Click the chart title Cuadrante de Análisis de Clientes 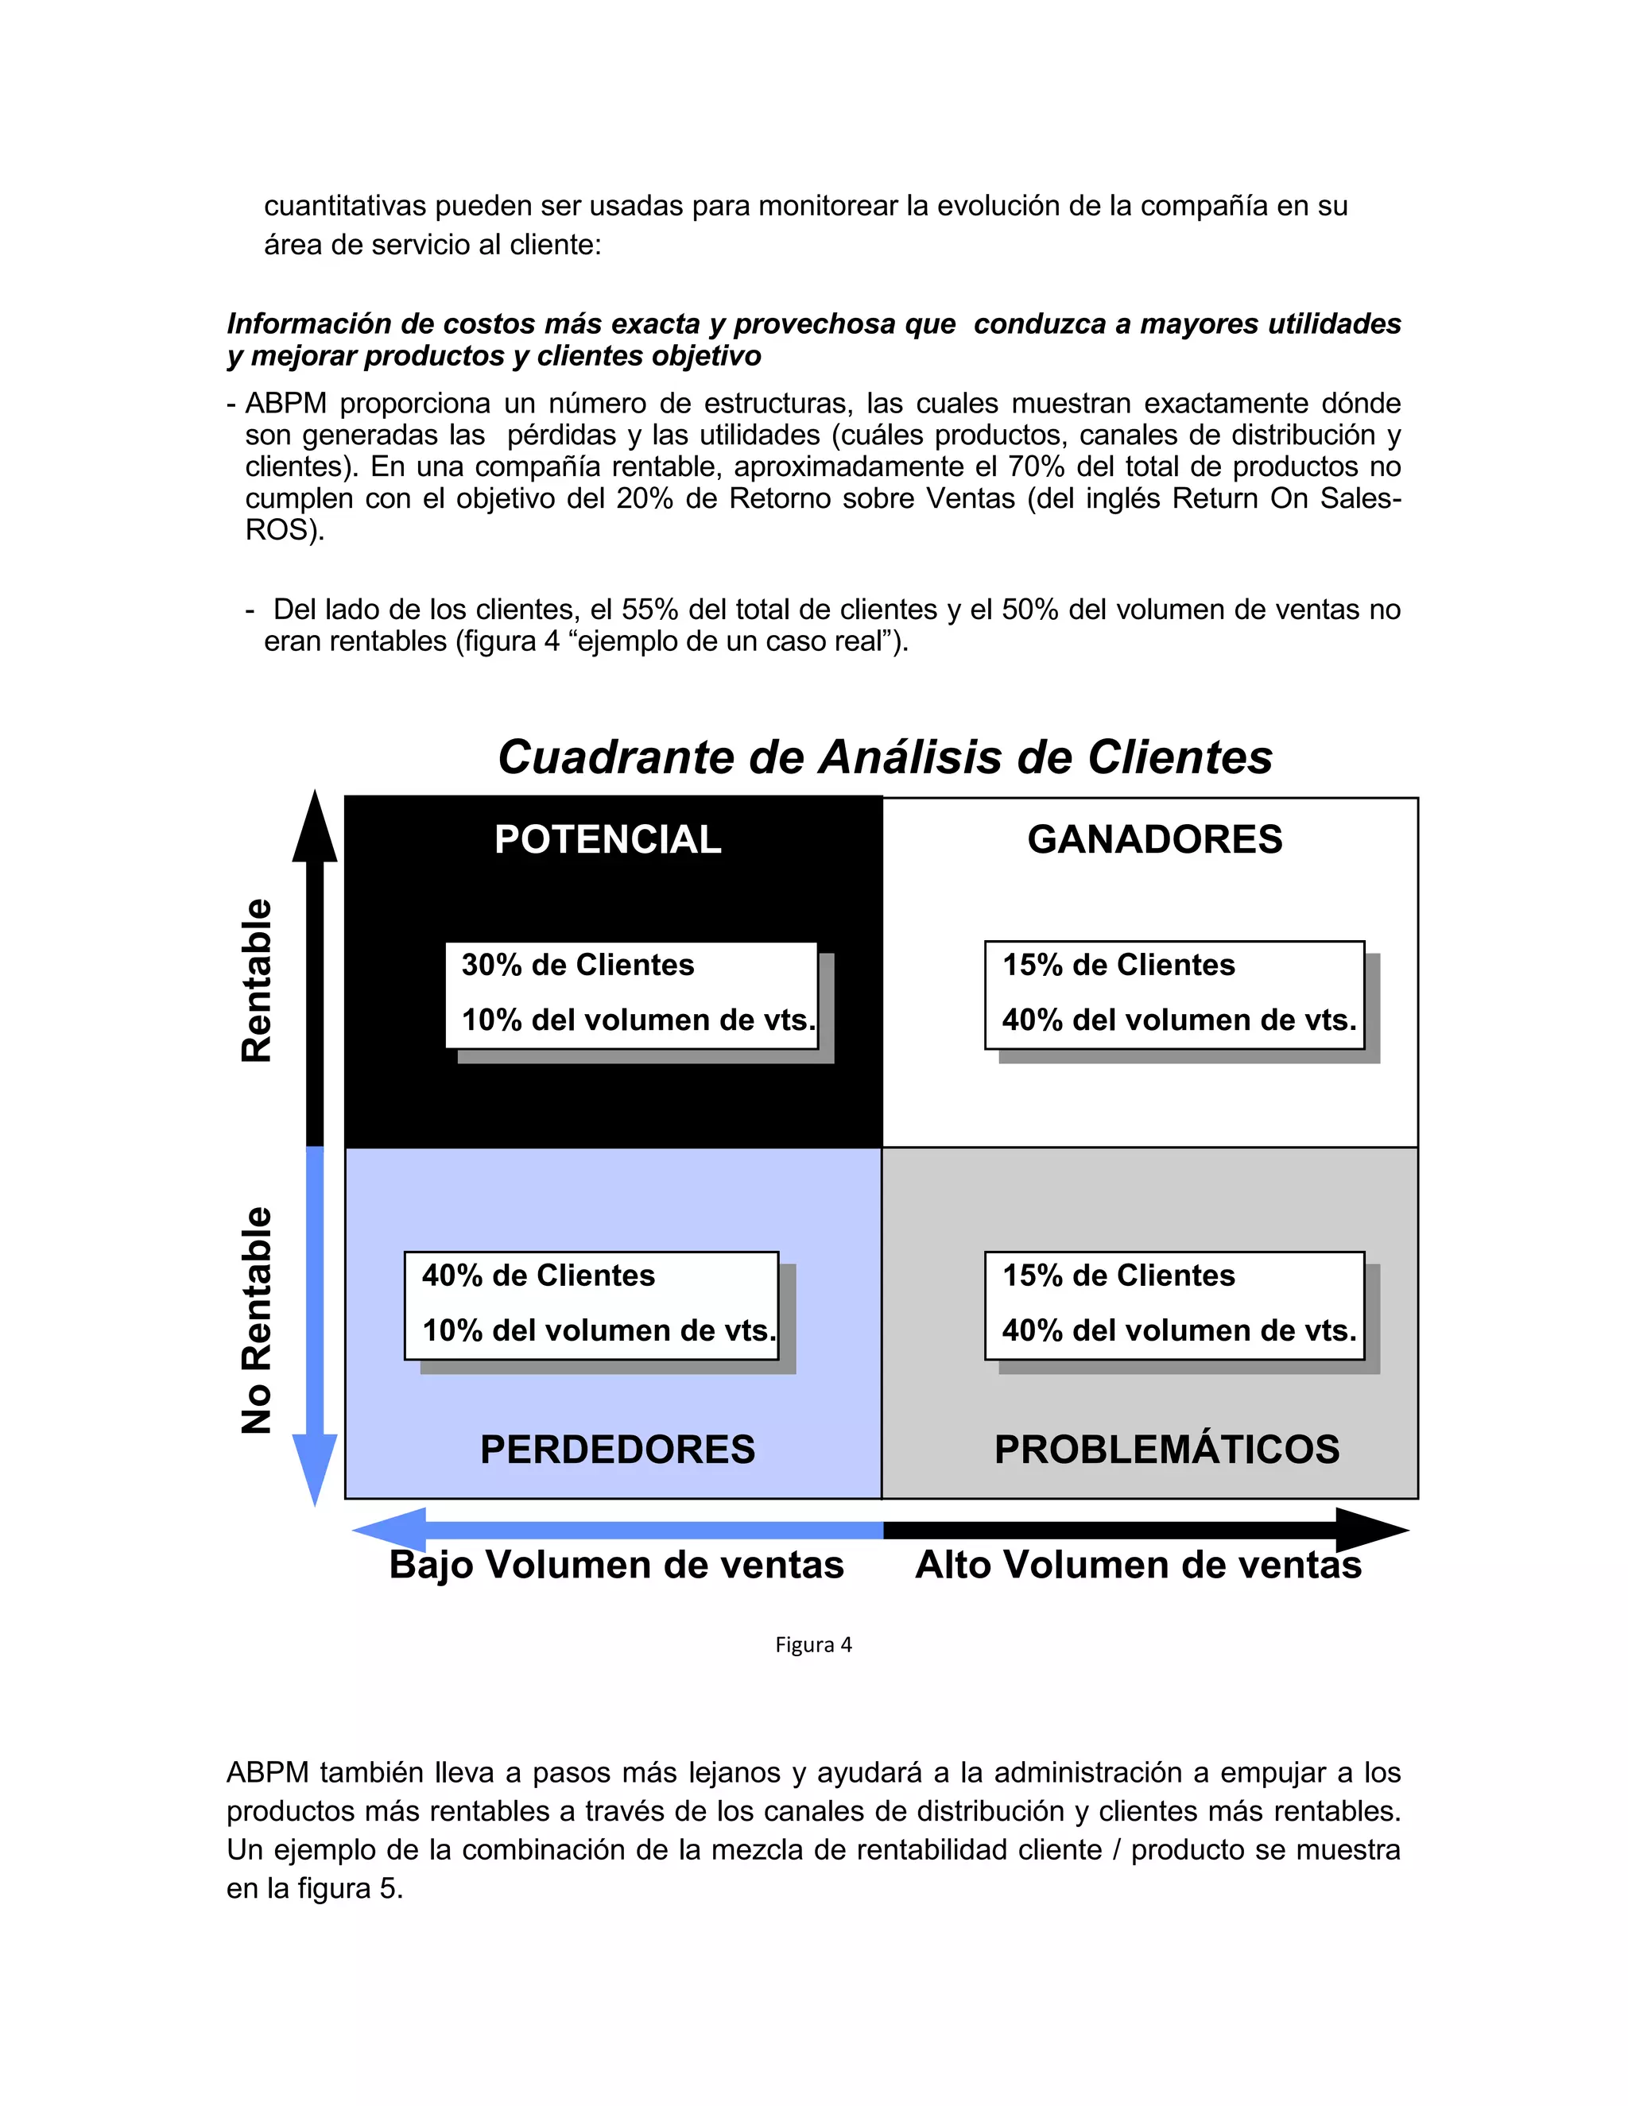[885, 757]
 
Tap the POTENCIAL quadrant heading [607, 839]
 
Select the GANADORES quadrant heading [1154, 839]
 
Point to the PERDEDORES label [617, 1450]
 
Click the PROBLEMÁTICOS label [1167, 1450]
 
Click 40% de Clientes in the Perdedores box [538, 1275]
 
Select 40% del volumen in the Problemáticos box [1179, 1330]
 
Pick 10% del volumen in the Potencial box [638, 1020]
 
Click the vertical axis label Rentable [257, 981]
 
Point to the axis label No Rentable [257, 1320]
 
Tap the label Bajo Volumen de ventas [616, 1564]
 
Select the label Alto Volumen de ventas [1138, 1564]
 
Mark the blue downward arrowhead [315, 1465]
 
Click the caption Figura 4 [813, 1645]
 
